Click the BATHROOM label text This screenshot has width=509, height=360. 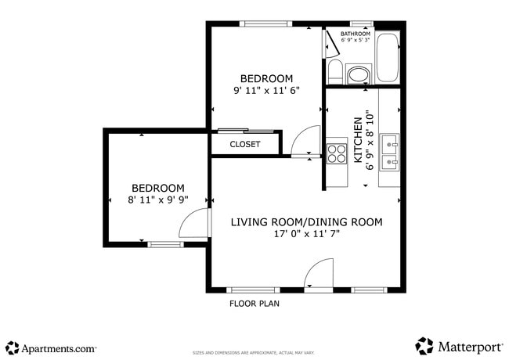click(x=355, y=34)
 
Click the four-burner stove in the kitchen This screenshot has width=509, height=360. click(x=337, y=152)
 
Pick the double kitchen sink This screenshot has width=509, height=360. click(x=389, y=152)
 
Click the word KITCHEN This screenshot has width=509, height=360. click(x=358, y=140)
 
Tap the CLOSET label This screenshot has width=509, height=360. click(x=244, y=144)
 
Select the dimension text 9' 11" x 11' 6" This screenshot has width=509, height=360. click(x=266, y=91)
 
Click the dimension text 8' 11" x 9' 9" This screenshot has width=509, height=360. click(x=157, y=200)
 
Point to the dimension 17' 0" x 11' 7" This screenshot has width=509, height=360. click(x=306, y=234)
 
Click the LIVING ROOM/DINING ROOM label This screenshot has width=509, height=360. click(x=306, y=222)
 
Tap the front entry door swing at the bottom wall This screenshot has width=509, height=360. click(x=319, y=275)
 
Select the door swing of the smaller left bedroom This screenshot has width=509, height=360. click(x=196, y=224)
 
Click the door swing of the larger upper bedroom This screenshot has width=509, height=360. click(x=305, y=141)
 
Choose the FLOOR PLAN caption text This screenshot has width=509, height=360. click(x=254, y=304)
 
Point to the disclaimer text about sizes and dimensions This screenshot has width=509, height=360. click(x=254, y=353)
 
